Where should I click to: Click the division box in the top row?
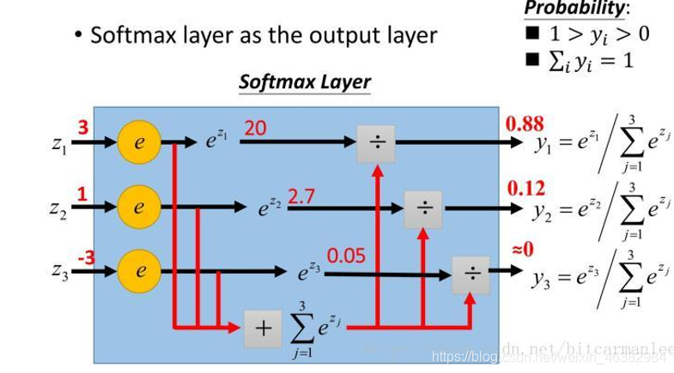[x=376, y=143]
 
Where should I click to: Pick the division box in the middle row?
[x=423, y=208]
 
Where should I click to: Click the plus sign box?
[x=264, y=327]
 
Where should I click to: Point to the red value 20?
[x=255, y=128]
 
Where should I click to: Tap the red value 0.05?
[x=346, y=256]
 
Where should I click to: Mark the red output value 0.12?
[x=525, y=188]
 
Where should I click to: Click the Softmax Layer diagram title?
[x=304, y=82]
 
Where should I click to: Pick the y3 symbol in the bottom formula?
[x=543, y=279]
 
